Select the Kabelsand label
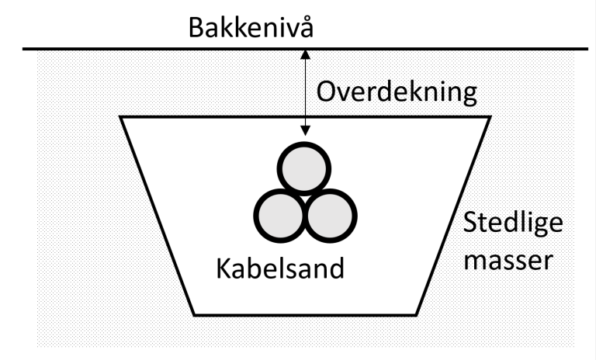click(279, 271)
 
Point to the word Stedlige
click(508, 227)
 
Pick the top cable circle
click(305, 168)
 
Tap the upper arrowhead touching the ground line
click(306, 56)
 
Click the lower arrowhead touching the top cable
click(306, 137)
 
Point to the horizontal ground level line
click(116, 50)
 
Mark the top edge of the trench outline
click(194, 117)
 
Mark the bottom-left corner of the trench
click(194, 313)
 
